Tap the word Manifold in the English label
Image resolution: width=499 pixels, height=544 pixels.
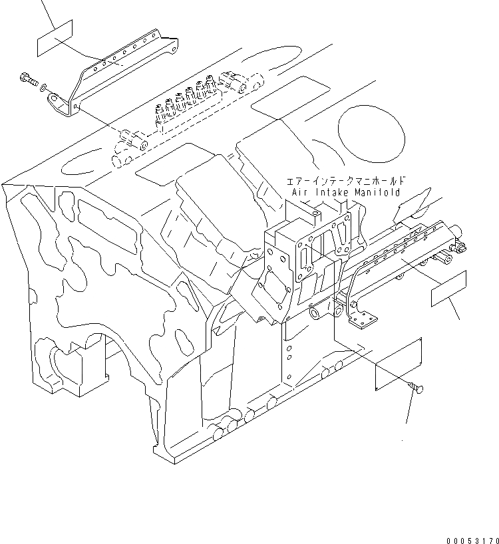(x=376, y=192)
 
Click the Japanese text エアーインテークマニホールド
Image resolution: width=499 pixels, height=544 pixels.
(x=345, y=181)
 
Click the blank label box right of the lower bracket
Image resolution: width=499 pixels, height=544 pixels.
(x=458, y=288)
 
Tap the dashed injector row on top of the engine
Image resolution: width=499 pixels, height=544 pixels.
(x=186, y=106)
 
